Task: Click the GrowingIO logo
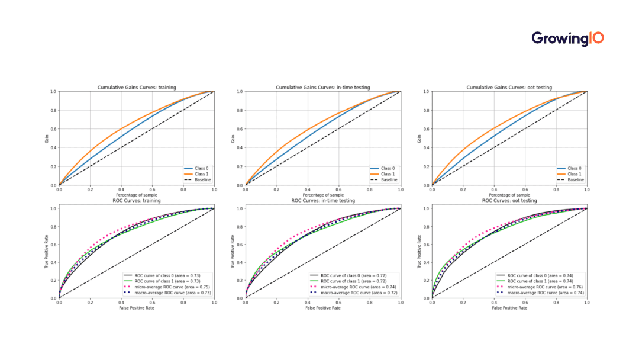(x=567, y=38)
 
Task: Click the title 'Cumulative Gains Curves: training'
(x=137, y=88)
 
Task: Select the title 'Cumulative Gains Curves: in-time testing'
(x=323, y=88)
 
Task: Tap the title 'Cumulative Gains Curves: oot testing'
(x=509, y=88)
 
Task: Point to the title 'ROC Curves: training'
(x=137, y=201)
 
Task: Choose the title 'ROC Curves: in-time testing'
(x=323, y=201)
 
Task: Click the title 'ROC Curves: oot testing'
(x=509, y=201)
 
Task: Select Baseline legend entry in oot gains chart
(x=572, y=179)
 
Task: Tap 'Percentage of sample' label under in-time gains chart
(x=323, y=195)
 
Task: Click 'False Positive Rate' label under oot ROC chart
(x=509, y=308)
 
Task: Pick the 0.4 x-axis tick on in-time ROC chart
(x=308, y=302)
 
